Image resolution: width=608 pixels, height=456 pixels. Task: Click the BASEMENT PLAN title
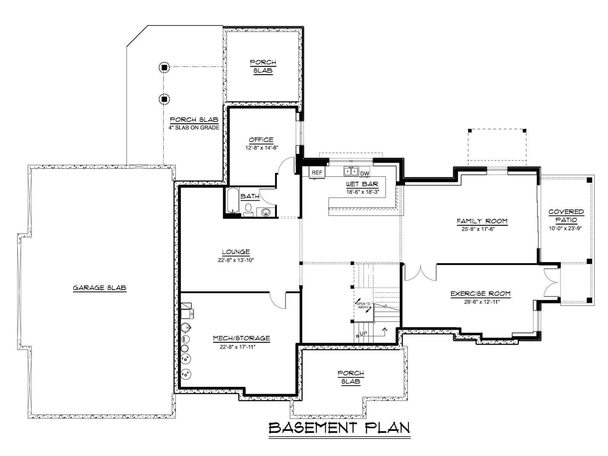click(339, 428)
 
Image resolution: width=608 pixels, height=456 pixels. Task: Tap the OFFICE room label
click(261, 140)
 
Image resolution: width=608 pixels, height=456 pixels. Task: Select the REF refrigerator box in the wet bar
click(317, 173)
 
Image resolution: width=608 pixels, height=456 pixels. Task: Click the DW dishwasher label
click(365, 174)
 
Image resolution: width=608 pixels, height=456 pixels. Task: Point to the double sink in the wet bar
click(351, 171)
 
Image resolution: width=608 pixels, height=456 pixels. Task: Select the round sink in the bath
click(266, 212)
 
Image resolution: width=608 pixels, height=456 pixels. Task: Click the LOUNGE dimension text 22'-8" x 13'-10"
click(236, 260)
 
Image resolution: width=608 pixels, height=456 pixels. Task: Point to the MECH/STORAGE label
click(241, 338)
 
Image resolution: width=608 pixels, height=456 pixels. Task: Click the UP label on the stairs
click(363, 334)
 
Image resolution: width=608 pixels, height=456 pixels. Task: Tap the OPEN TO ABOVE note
click(363, 306)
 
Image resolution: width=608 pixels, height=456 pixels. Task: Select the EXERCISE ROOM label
click(480, 293)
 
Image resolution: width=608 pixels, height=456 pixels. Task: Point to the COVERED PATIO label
click(566, 216)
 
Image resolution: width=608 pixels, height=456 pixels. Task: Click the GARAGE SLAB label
click(100, 288)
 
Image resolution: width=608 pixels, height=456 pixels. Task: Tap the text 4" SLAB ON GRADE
click(194, 128)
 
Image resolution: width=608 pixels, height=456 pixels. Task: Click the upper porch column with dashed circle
click(164, 67)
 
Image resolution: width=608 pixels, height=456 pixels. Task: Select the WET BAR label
click(362, 184)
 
